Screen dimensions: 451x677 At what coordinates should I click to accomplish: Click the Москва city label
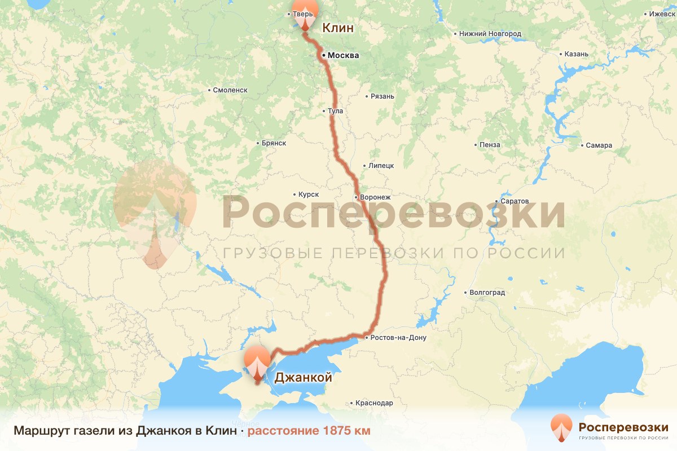[343, 55]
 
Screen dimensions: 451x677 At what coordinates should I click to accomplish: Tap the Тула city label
[336, 111]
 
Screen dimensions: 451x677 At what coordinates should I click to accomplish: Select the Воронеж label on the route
[375, 197]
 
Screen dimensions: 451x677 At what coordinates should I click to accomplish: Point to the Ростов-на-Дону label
[398, 338]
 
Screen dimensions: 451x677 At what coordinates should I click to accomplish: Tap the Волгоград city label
[487, 293]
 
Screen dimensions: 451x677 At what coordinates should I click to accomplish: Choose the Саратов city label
[514, 201]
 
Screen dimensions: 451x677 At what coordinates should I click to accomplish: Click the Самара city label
[599, 145]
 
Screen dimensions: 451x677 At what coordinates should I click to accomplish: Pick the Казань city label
[577, 54]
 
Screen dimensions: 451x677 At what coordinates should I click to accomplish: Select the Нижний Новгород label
[490, 34]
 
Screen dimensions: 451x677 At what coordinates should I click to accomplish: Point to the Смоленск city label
[231, 90]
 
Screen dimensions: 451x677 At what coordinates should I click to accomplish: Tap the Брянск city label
[274, 144]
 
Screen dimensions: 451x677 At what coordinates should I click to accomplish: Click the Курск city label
[309, 194]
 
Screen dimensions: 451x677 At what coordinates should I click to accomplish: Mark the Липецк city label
[381, 166]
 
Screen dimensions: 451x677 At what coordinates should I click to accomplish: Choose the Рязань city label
[382, 96]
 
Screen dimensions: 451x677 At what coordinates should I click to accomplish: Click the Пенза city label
[490, 145]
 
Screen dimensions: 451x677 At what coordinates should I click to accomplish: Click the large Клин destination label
[337, 28]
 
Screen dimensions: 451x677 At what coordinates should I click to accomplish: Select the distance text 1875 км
[309, 431]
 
